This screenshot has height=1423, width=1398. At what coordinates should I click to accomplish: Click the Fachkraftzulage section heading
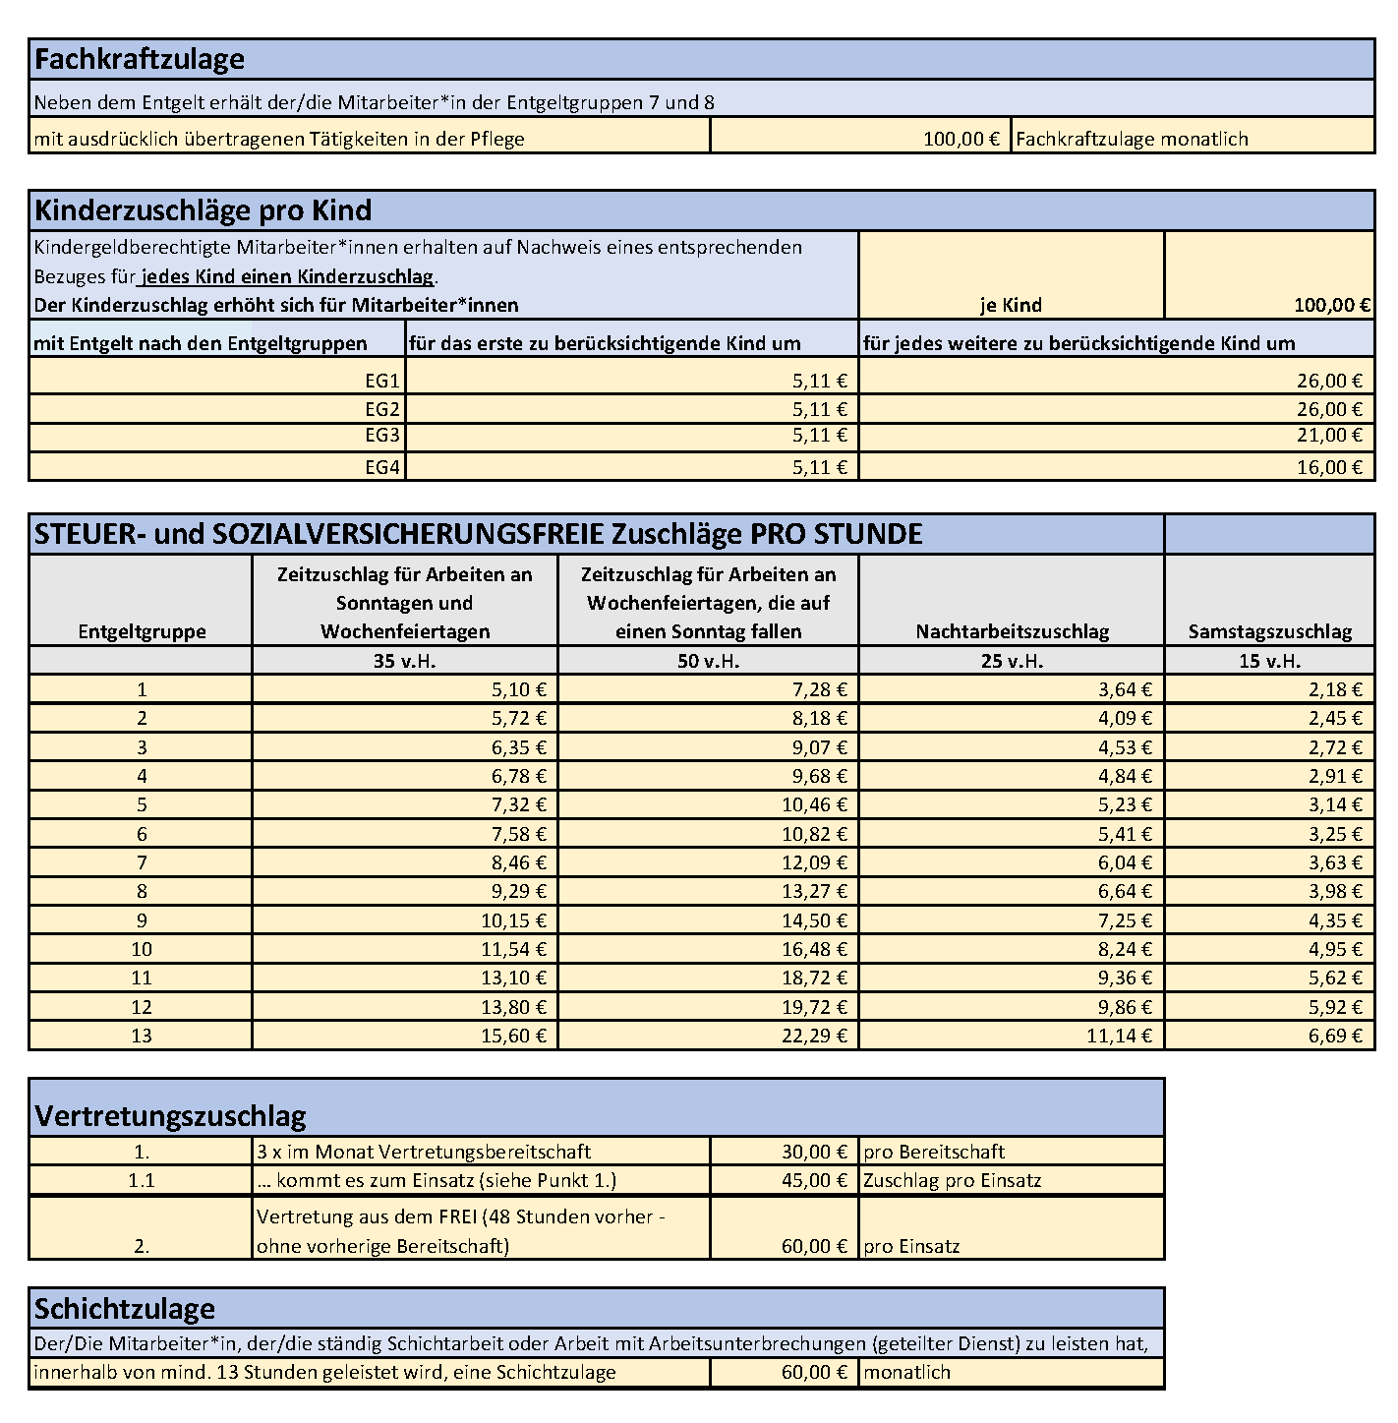140,59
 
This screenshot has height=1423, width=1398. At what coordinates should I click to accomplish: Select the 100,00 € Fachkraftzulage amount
961,139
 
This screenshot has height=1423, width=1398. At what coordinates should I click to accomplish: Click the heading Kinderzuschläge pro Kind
203,210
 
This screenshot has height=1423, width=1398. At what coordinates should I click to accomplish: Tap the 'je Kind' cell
1011,305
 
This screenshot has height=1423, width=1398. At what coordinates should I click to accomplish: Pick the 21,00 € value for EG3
1329,435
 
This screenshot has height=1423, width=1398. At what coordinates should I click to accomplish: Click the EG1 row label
382,381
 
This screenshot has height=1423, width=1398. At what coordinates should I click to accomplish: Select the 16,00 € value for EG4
1329,467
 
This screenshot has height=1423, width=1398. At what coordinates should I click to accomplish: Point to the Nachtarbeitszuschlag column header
1012,631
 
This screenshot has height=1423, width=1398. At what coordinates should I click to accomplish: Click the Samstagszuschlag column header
1269,631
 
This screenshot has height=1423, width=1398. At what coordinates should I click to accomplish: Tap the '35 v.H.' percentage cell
404,661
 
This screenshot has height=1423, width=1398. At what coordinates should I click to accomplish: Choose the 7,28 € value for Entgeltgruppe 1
820,689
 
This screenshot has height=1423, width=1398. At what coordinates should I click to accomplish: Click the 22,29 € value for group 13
814,1036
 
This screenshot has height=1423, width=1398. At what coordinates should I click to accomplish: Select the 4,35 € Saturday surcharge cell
1335,920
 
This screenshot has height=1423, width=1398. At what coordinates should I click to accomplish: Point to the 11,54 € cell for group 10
513,949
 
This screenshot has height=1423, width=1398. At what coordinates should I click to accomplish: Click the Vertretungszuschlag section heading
170,1116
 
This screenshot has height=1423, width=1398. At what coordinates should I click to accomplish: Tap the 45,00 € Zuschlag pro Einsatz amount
814,1180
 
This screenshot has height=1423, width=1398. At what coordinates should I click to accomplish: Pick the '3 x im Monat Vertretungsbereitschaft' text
424,1152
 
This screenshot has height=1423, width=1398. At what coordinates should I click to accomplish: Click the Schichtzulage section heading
125,1309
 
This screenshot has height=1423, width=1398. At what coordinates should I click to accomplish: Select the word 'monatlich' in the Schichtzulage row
906,1372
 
